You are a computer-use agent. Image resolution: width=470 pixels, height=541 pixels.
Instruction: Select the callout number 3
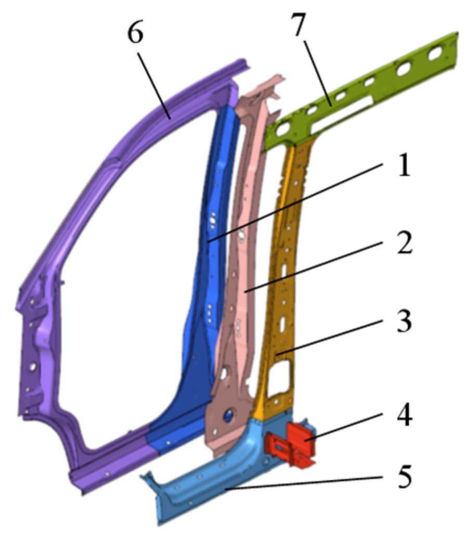tap(400, 323)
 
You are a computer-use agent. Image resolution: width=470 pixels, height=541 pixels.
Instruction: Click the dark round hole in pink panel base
tap(228, 415)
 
